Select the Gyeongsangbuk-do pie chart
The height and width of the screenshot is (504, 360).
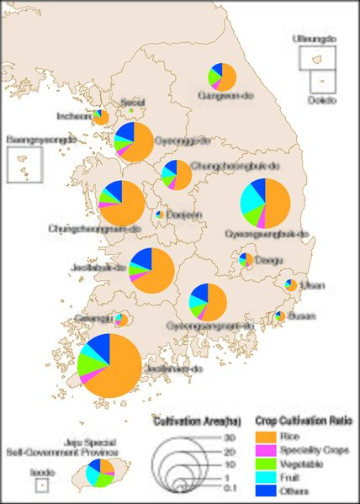tap(265, 203)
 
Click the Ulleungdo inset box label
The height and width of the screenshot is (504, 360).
tap(314, 39)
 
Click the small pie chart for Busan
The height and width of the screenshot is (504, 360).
tap(279, 316)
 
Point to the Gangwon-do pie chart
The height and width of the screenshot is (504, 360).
tap(220, 76)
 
